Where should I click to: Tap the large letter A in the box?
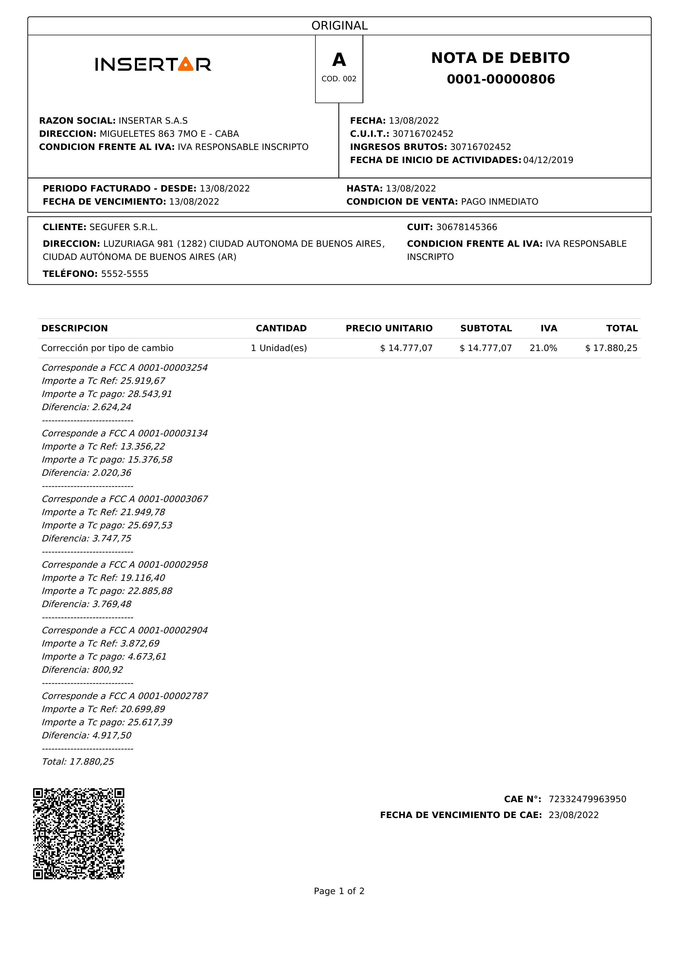[339, 60]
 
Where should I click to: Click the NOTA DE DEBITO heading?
[500, 58]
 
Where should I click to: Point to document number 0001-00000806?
[501, 79]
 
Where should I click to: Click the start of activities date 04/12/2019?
[548, 160]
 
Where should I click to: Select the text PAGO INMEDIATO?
[499, 202]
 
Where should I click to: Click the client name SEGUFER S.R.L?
[123, 227]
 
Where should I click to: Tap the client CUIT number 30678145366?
[467, 227]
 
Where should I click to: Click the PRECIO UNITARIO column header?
[389, 329]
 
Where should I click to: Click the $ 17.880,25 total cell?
[611, 348]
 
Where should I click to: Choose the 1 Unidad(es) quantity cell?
[279, 348]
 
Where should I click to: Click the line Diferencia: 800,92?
[82, 670]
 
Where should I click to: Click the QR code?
[79, 834]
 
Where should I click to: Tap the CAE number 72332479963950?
[587, 799]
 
